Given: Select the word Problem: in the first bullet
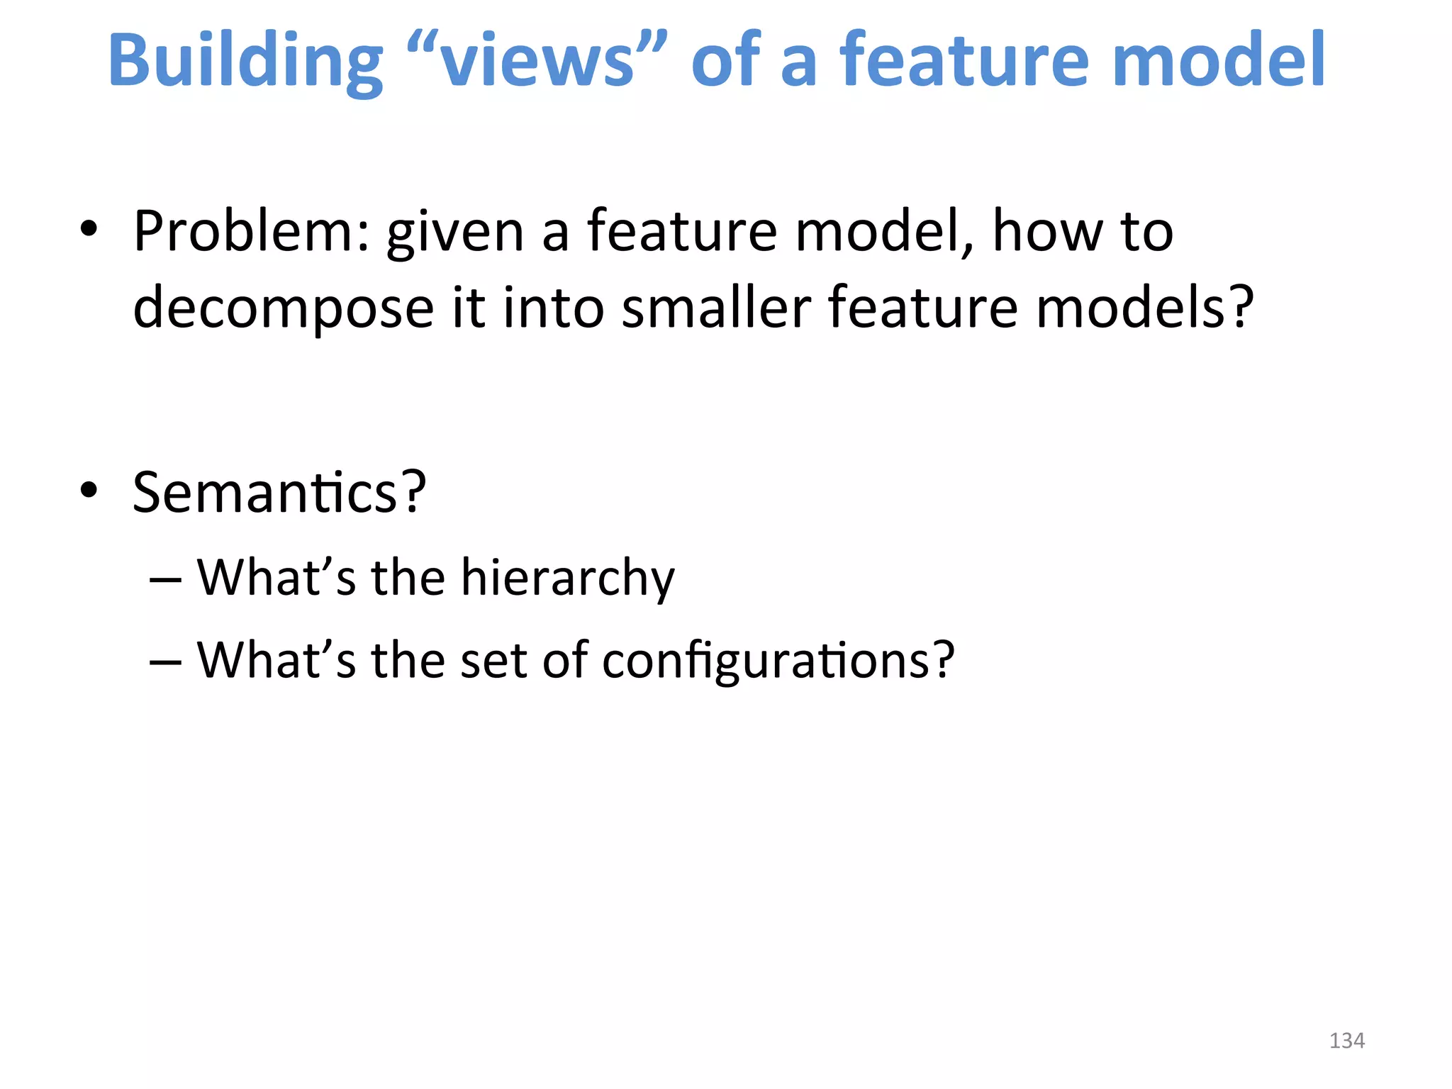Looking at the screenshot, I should pyautogui.click(x=252, y=231).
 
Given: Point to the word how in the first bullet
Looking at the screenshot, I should pyautogui.click(x=1048, y=231).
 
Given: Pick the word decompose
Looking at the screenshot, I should pyautogui.click(x=283, y=309).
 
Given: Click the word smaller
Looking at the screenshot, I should pyautogui.click(x=716, y=308).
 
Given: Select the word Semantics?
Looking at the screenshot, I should pyautogui.click(x=279, y=492).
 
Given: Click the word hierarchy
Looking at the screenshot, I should pyautogui.click(x=568, y=579).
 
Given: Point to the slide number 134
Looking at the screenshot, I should pyautogui.click(x=1346, y=1040).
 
